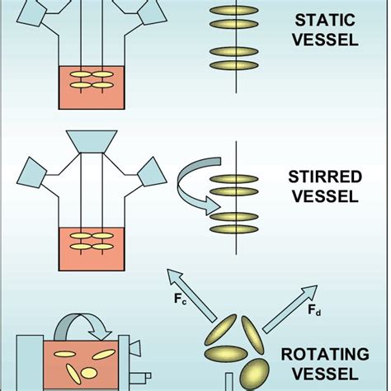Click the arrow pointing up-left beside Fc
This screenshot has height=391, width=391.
[x=188, y=289]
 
